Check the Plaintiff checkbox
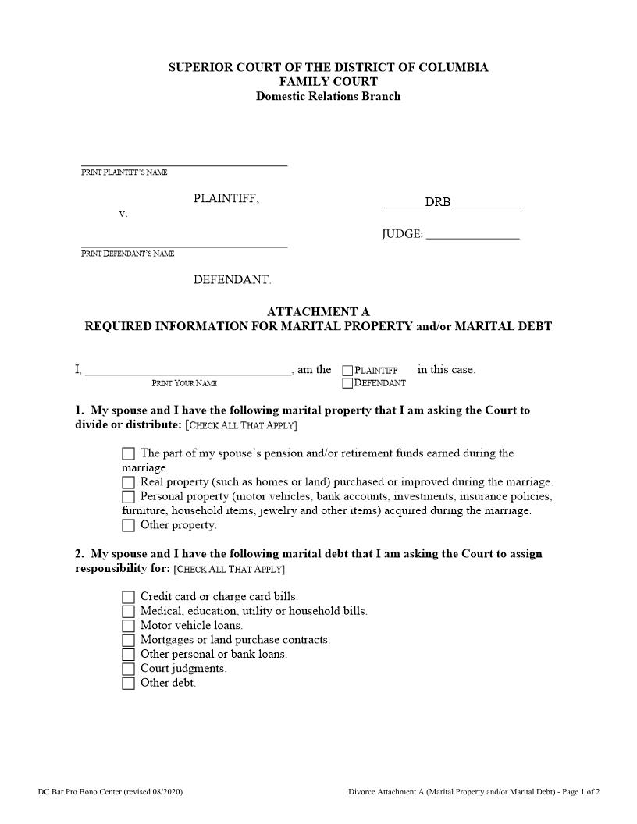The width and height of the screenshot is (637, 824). coord(347,371)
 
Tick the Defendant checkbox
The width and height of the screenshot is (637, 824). coord(347,383)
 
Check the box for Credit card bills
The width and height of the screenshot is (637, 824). coord(128,597)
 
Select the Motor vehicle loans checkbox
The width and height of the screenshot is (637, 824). coord(128,626)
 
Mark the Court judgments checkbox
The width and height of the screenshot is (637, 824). coord(128,669)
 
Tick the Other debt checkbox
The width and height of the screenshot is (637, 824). coord(128,684)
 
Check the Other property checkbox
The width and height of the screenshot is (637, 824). coord(128,526)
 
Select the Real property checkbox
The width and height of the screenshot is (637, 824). coord(128,482)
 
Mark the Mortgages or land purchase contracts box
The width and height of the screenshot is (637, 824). coord(128,640)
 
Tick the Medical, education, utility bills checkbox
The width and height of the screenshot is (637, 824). coord(128,612)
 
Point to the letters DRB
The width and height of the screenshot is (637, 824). coord(438,203)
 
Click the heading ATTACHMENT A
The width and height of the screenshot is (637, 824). coord(318,312)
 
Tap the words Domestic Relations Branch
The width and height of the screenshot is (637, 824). coord(328,97)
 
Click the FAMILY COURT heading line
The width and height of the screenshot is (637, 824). coord(328,82)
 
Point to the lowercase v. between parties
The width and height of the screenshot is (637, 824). coord(123,214)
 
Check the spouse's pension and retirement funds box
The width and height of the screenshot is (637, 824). coord(128,453)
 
